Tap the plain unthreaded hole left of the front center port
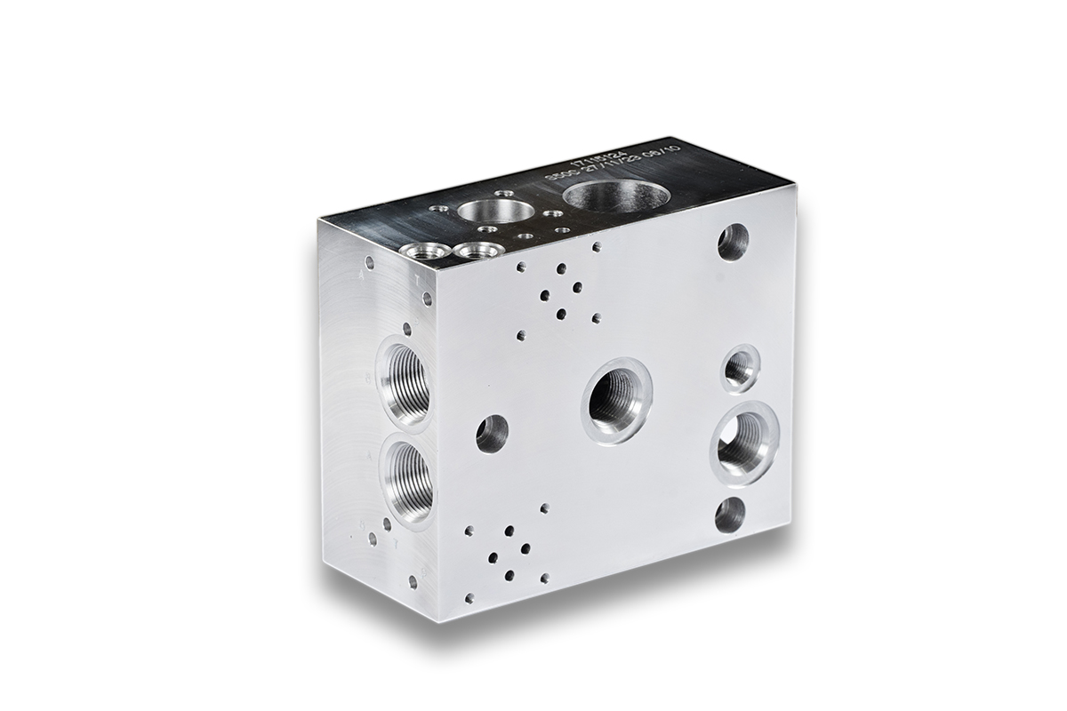[492, 433]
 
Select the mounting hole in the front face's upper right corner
[733, 242]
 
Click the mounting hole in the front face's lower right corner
[730, 515]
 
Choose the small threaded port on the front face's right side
[739, 368]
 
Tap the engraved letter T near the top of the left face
[418, 278]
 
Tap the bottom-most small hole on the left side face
[413, 582]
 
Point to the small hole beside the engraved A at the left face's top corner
[369, 261]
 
